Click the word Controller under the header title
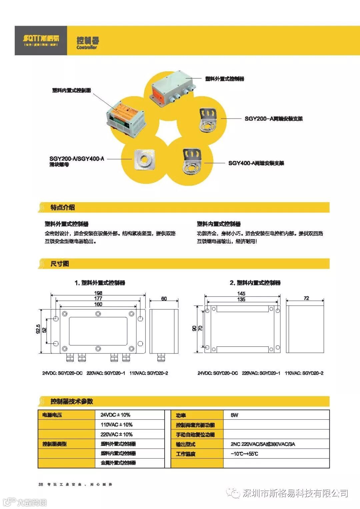pos(87,48)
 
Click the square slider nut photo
pos(145,159)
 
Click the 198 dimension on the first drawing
pos(98,293)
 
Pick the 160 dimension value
pos(98,304)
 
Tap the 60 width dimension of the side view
pos(164,299)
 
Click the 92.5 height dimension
pos(38,329)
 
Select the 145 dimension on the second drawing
pos(241,293)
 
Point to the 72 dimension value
pos(306,298)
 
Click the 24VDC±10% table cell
pos(115,415)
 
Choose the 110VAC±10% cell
pos(116,425)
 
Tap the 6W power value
pos(234,415)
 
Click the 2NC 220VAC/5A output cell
pos(263,444)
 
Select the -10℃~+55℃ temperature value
pos(244,454)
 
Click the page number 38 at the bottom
pos(41,484)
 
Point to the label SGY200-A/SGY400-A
pos(77,159)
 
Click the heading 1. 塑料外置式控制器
pos(100,283)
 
